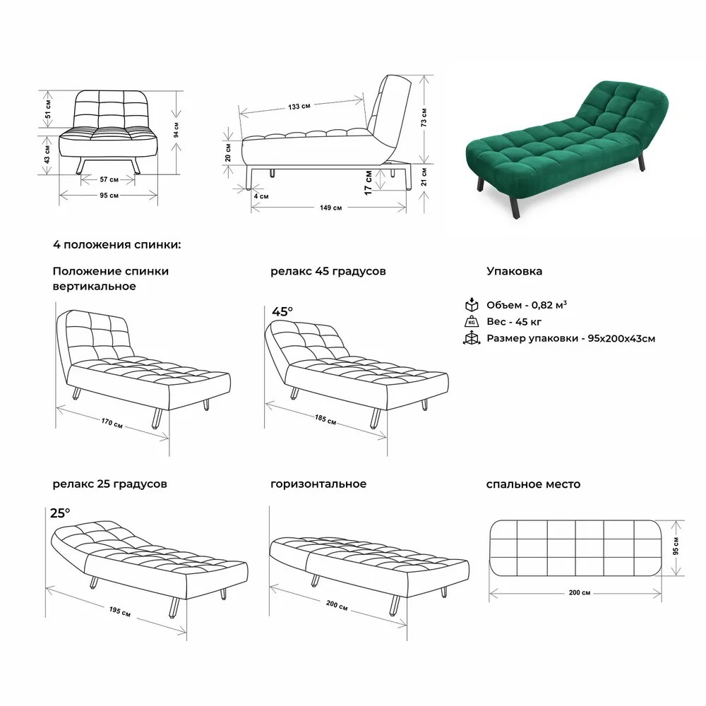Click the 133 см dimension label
(x=299, y=107)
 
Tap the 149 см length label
(x=331, y=208)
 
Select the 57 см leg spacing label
(x=109, y=179)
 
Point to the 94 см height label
(x=176, y=130)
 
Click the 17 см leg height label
(x=369, y=183)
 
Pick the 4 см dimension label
(x=261, y=196)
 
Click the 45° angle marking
(x=282, y=311)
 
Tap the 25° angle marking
(x=60, y=513)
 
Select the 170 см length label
(x=112, y=422)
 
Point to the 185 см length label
(x=325, y=419)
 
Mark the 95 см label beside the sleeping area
(x=676, y=545)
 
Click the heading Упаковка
(x=514, y=271)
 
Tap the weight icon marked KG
(x=472, y=321)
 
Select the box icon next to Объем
(x=472, y=304)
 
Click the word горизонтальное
(x=318, y=484)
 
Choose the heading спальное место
(x=533, y=484)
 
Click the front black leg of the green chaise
(x=515, y=206)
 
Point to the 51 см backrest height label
(x=48, y=109)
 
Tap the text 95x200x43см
(x=621, y=338)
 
